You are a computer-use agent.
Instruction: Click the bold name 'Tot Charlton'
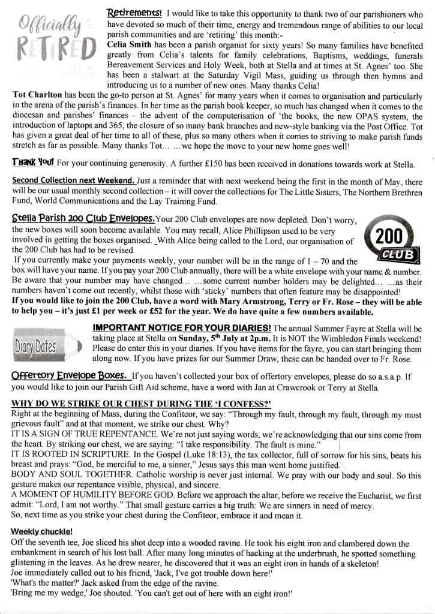pyautogui.click(x=38, y=95)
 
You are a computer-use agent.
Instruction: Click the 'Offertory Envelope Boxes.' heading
pyautogui.click(x=68, y=377)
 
